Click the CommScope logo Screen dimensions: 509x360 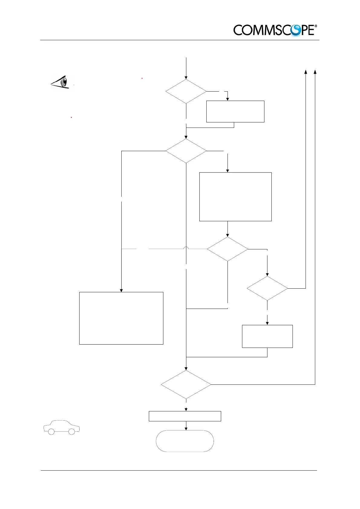click(275, 30)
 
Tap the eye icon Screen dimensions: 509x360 click(62, 82)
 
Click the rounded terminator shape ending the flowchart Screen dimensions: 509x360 click(185, 441)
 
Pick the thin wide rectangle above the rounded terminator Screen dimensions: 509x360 click(185, 416)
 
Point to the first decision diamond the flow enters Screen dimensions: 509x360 click(186, 91)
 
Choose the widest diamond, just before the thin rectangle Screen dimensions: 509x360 click(186, 385)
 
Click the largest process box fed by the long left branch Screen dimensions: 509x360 click(121, 318)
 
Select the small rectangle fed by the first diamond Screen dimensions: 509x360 click(235, 112)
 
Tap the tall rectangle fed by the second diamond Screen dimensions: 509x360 click(235, 197)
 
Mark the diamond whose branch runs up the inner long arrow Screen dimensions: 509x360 click(267, 288)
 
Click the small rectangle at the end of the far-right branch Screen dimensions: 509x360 click(267, 336)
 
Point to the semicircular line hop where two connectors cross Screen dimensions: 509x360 click(186, 248)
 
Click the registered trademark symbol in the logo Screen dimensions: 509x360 click(316, 26)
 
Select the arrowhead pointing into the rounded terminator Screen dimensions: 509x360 click(186, 428)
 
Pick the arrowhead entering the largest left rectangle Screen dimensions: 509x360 click(121, 290)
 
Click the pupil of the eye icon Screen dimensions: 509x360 click(64, 82)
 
